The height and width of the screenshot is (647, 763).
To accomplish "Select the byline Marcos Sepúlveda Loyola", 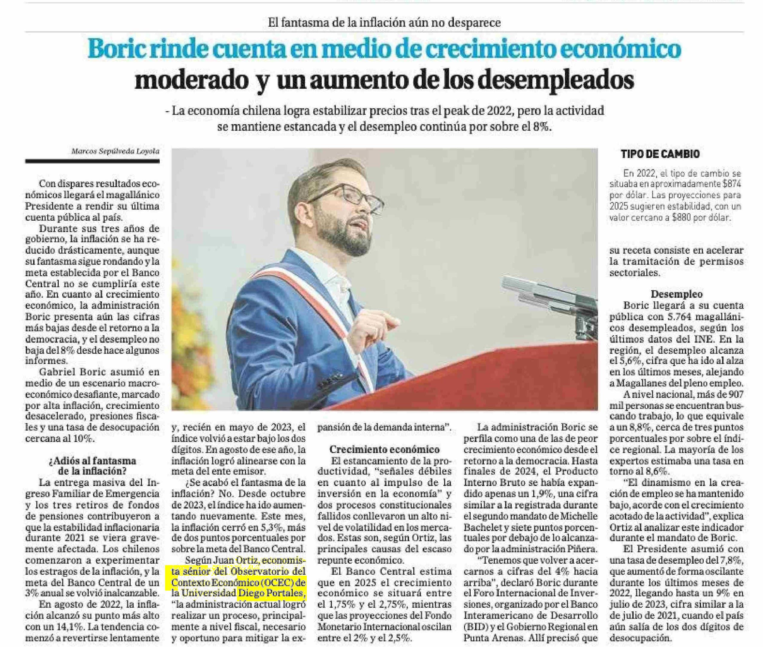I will [115, 151].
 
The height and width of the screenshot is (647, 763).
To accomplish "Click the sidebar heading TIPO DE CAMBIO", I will [660, 154].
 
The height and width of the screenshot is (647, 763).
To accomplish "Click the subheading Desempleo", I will [676, 294].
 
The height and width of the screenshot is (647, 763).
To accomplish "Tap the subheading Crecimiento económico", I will [384, 449].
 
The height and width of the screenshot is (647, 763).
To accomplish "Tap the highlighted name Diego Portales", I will [271, 593].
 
